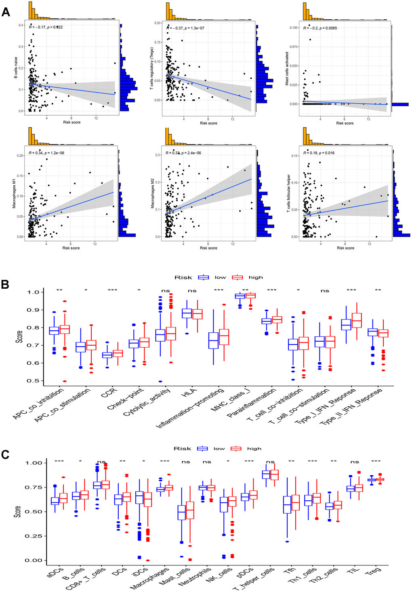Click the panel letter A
click(x=6, y=12)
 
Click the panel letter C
click(x=5, y=455)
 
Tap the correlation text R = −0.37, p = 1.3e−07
click(x=187, y=28)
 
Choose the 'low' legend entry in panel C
click(x=219, y=449)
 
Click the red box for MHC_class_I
click(x=250, y=296)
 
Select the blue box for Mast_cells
click(x=182, y=512)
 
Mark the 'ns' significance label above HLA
click(x=192, y=291)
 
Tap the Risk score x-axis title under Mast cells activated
click(x=345, y=123)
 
